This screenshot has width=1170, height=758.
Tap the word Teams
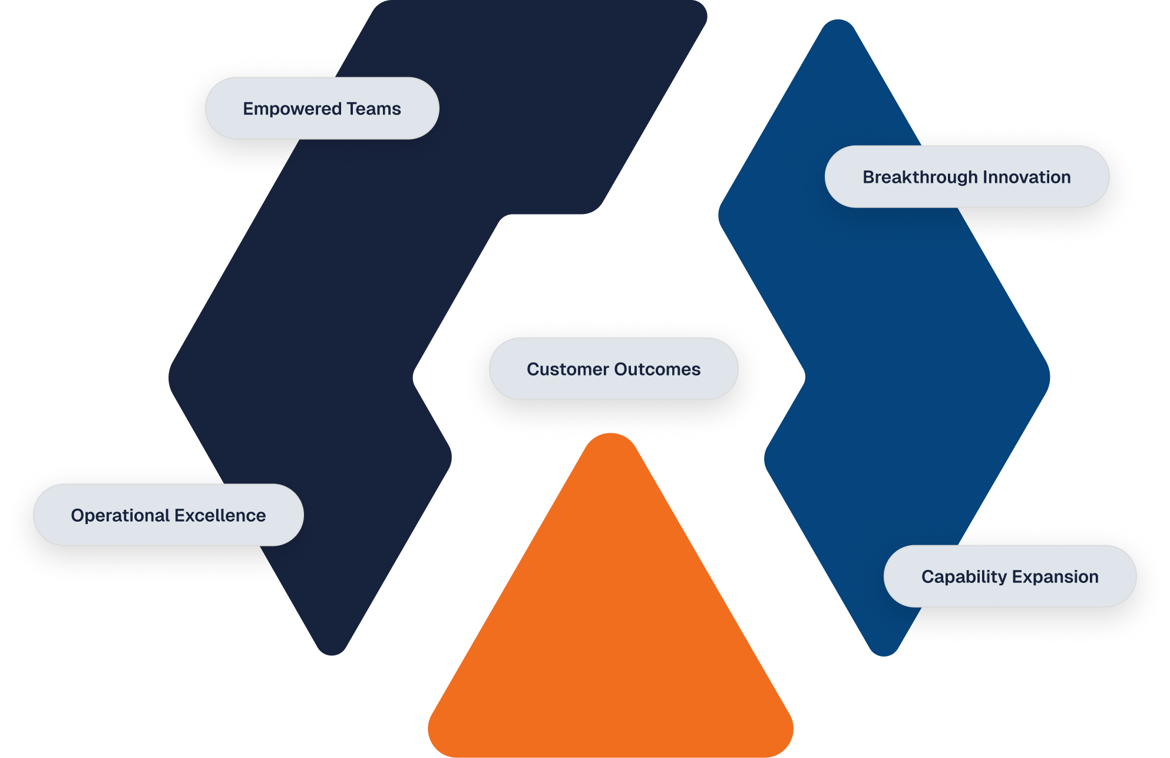tap(374, 108)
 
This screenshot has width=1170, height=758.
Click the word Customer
tap(568, 369)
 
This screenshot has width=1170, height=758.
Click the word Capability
tap(964, 577)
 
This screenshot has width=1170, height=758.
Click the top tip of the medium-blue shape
tap(838, 21)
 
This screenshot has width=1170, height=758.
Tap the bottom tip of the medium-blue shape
tap(884, 654)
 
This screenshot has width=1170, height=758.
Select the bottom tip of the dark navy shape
tap(332, 653)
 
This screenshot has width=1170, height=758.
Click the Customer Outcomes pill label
tap(614, 369)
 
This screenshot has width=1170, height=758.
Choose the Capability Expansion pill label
tap(1010, 576)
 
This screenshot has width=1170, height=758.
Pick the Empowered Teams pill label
tap(322, 108)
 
